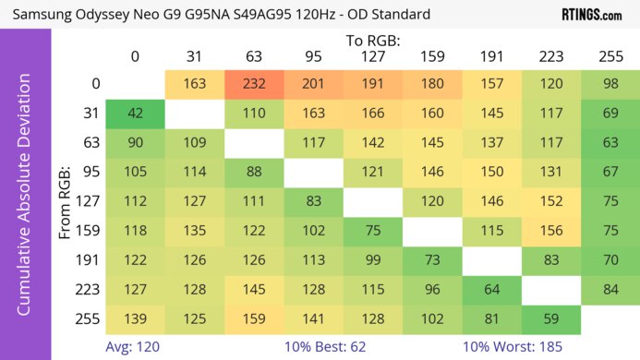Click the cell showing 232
pos(253,84)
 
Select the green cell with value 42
pos(135,114)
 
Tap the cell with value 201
pos(313,84)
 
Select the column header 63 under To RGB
pos(253,57)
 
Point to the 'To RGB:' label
pos(371,40)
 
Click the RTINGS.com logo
pos(591,15)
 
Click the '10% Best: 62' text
pos(344,348)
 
